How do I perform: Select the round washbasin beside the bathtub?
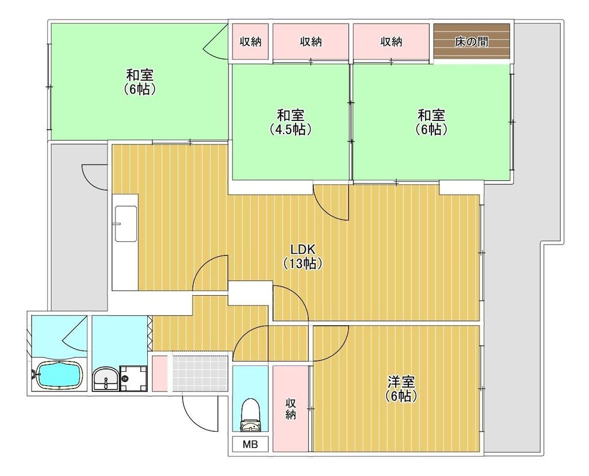106,379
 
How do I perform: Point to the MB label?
250,444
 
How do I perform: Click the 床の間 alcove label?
472,41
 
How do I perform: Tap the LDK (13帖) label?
301,257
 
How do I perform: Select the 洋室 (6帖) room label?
401,389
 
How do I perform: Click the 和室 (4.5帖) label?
290,122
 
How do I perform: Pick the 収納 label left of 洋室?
290,409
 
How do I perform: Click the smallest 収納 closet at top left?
251,41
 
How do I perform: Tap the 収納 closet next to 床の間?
391,41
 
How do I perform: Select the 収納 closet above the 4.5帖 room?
311,41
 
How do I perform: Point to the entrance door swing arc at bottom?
198,413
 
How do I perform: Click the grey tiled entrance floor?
201,373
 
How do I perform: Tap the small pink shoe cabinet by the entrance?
160,373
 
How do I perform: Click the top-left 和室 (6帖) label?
140,82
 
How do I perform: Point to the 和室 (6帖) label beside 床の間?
431,122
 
